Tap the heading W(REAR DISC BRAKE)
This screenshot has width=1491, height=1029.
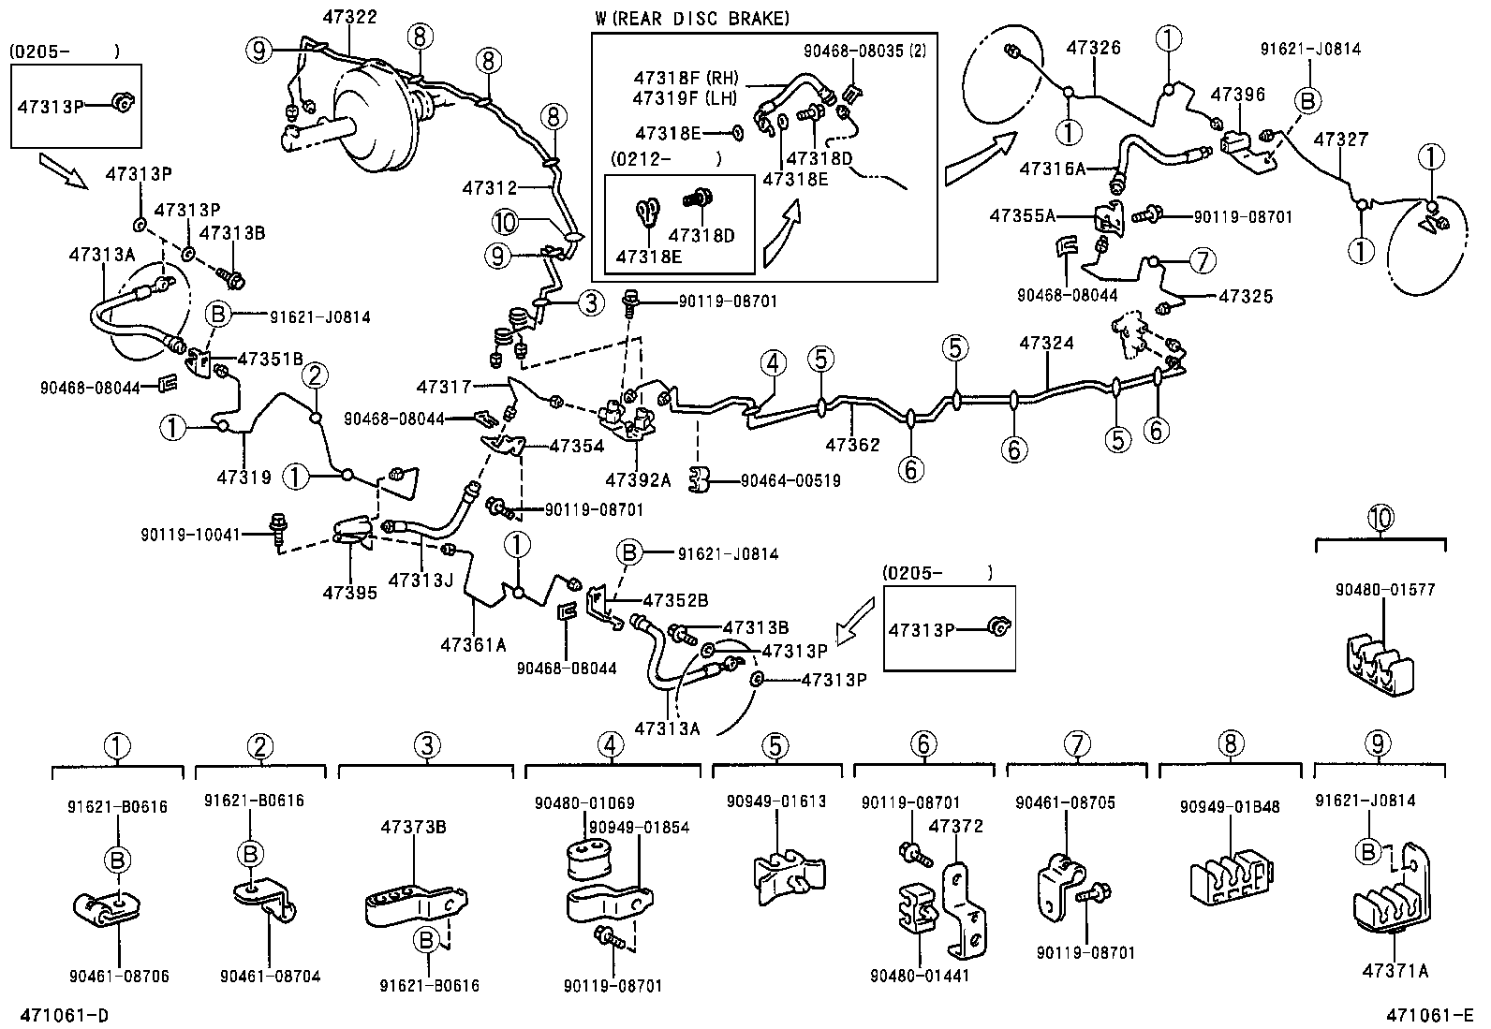(x=692, y=18)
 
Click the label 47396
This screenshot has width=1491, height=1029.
(x=1237, y=95)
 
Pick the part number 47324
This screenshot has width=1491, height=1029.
(x=1046, y=344)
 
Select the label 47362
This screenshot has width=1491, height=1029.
(x=852, y=445)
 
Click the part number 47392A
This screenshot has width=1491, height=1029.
(x=638, y=480)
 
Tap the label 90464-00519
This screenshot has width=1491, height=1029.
(x=790, y=480)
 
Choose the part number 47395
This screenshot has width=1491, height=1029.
(x=350, y=592)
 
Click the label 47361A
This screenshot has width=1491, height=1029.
(x=473, y=644)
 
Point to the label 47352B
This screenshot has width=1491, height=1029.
(x=674, y=600)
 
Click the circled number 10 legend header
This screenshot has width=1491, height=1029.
(x=1380, y=518)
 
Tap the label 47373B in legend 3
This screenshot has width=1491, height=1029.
(x=413, y=827)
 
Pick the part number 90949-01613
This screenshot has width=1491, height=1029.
(x=776, y=801)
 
